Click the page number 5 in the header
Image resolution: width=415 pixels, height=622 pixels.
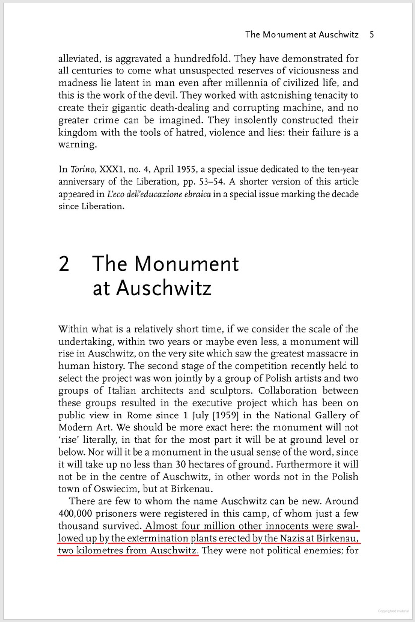372,35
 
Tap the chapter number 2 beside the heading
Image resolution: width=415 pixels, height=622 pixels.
64,264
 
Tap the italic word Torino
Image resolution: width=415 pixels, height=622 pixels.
79,170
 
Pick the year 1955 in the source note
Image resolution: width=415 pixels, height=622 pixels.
185,170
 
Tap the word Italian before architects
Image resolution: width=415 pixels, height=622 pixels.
112,391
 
